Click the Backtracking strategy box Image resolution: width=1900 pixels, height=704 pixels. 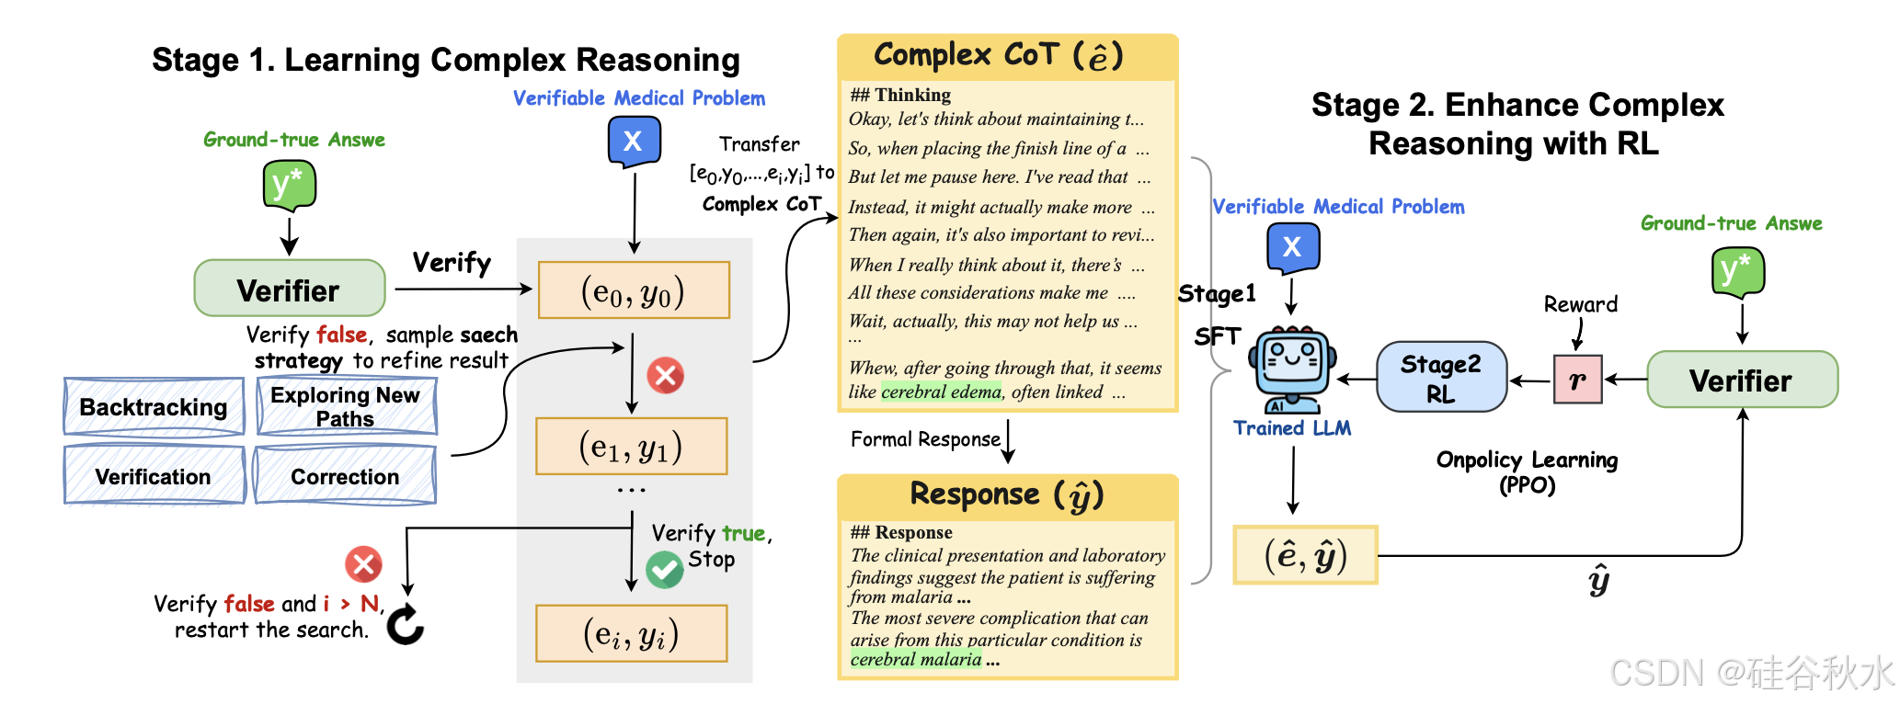point(154,406)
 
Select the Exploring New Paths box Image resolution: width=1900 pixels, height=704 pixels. point(346,406)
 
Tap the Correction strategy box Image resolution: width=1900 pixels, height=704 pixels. point(345,476)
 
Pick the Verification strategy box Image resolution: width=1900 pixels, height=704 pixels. point(154,476)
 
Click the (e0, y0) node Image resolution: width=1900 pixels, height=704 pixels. point(633,291)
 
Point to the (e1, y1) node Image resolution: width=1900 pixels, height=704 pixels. point(631,447)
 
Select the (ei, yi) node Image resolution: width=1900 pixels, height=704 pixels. point(631,634)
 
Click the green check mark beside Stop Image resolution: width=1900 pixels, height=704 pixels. point(664,570)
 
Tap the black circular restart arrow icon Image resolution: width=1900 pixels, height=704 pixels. point(405,625)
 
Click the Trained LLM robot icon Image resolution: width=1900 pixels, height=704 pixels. point(1291,368)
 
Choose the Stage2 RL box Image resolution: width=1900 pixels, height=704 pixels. point(1441,377)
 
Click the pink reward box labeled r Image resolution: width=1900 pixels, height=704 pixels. point(1577,380)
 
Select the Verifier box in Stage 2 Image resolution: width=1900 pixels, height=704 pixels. point(1742,380)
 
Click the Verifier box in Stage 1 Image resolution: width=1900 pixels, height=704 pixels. point(289,289)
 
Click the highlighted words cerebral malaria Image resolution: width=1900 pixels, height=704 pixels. point(916,659)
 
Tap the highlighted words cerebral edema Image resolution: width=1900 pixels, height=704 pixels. point(941,392)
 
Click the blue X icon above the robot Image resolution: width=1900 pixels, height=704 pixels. point(1292,246)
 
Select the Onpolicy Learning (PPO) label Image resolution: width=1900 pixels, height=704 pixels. point(1527,471)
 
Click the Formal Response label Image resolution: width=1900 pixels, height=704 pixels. point(925,439)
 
